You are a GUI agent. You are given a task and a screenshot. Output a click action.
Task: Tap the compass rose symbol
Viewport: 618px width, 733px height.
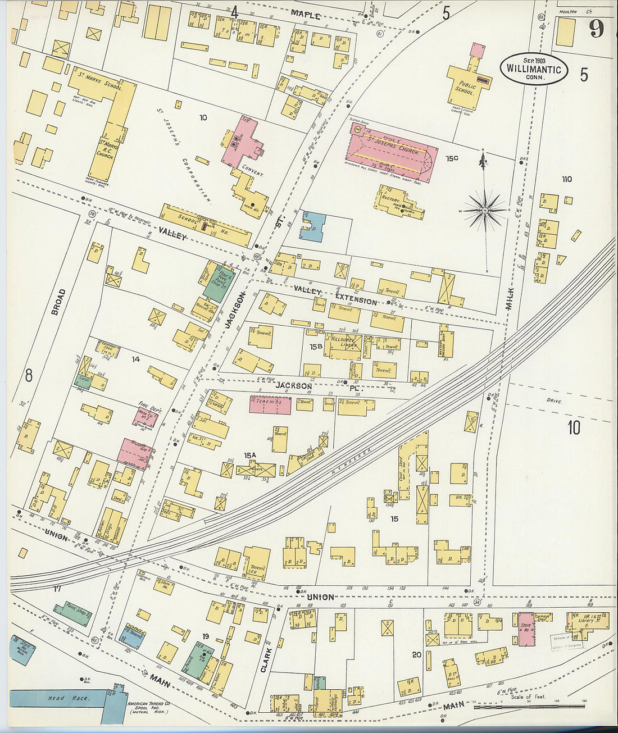click(484, 210)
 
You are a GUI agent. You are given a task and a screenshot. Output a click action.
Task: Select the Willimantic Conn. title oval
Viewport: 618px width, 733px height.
click(534, 69)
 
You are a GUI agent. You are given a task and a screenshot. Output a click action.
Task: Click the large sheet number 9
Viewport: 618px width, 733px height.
click(596, 29)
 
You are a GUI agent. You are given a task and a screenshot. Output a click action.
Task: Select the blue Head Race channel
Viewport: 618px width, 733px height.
click(56, 698)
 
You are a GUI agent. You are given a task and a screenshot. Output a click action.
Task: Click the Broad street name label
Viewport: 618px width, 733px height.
click(58, 302)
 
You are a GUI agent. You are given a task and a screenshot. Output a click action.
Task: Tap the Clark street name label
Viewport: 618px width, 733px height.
click(266, 661)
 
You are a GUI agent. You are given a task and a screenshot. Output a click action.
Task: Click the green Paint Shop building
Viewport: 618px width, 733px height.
click(72, 614)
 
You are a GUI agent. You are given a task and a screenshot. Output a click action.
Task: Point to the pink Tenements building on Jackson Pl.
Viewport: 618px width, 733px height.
click(270, 404)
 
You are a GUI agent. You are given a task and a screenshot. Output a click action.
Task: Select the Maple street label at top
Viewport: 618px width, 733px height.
click(307, 16)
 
